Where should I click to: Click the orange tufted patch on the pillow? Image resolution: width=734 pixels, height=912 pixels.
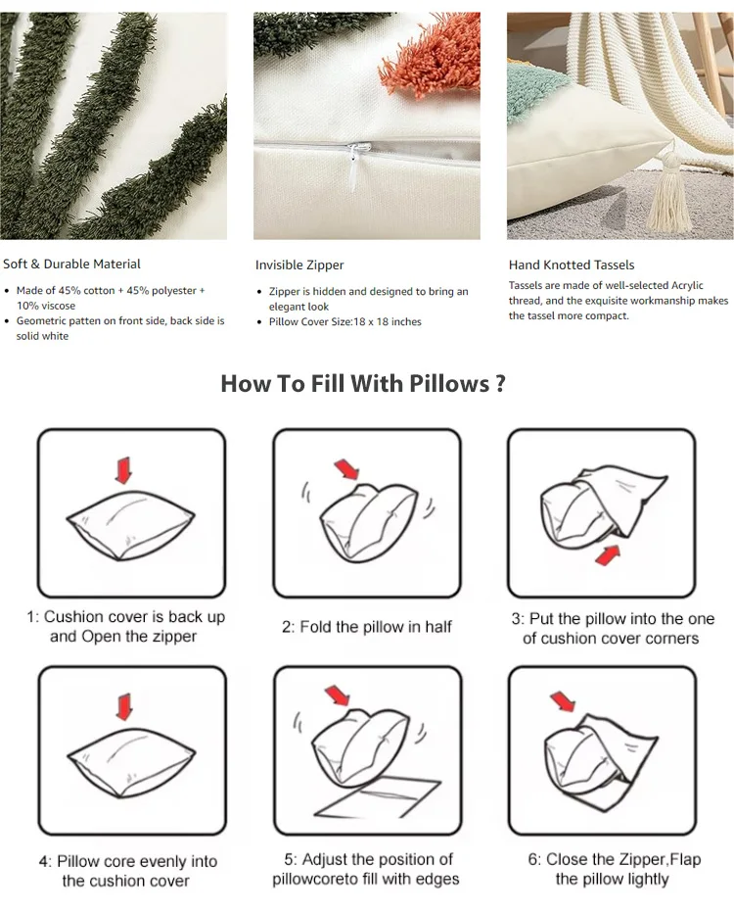click(427, 52)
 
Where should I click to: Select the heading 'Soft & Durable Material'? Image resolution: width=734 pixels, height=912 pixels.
click(71, 264)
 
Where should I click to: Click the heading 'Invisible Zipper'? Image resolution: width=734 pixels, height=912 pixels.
click(299, 265)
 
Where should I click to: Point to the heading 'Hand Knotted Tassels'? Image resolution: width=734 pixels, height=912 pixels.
click(572, 265)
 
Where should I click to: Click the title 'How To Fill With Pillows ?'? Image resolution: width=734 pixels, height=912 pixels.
click(363, 384)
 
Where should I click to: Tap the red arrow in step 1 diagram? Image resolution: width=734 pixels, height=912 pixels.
click(123, 470)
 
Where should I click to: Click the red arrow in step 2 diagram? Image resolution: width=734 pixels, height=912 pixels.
click(346, 469)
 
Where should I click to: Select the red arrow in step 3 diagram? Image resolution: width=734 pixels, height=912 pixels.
click(608, 554)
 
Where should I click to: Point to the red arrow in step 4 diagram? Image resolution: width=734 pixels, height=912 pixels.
click(124, 706)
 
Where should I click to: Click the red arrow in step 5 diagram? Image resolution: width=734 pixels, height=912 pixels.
click(339, 696)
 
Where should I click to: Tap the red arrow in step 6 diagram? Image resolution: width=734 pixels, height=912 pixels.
click(563, 700)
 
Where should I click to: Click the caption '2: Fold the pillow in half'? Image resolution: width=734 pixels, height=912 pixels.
click(367, 627)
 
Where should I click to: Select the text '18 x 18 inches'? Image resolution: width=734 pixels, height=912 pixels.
click(387, 321)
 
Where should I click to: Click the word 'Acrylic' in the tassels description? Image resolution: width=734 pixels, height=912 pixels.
click(687, 286)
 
